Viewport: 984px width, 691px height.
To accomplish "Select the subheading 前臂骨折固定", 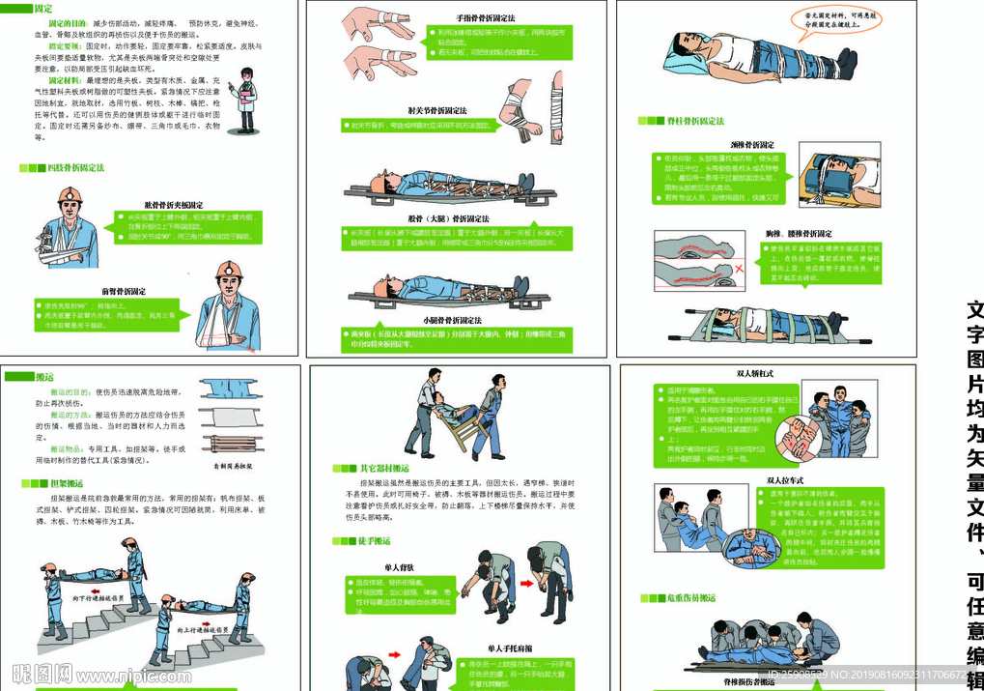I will [x=124, y=291].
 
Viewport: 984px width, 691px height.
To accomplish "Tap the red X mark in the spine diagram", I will [x=738, y=266].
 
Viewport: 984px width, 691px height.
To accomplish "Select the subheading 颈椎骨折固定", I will [x=750, y=145].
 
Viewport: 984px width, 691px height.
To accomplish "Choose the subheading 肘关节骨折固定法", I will [x=436, y=110].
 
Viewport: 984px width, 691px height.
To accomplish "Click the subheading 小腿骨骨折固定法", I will [x=452, y=320].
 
